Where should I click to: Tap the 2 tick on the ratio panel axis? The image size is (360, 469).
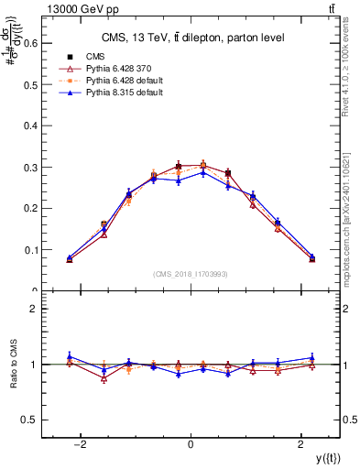pos(41,309)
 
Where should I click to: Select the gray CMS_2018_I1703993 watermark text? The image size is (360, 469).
pos(191,274)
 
